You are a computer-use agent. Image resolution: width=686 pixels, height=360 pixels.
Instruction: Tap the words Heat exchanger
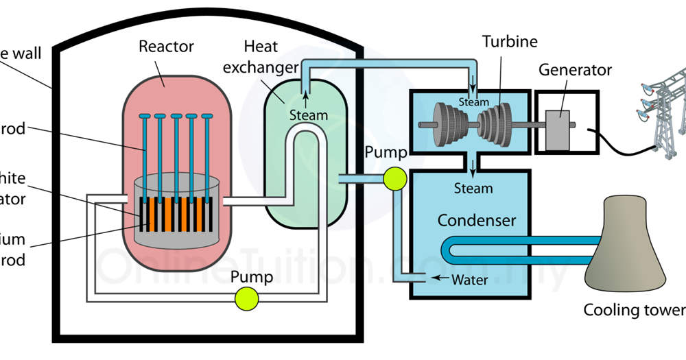click(270, 56)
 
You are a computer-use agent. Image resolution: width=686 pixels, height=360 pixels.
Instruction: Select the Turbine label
click(510, 42)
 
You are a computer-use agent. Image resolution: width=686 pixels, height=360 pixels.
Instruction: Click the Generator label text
click(575, 70)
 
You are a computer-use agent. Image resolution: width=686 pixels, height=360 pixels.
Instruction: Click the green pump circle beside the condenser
click(395, 179)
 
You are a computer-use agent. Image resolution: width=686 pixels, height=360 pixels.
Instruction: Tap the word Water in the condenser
click(470, 280)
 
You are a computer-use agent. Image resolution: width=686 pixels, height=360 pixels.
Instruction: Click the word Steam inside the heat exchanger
click(308, 115)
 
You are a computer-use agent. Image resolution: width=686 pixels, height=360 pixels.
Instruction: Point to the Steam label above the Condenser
click(473, 188)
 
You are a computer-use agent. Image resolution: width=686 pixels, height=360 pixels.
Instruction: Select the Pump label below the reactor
click(251, 277)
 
